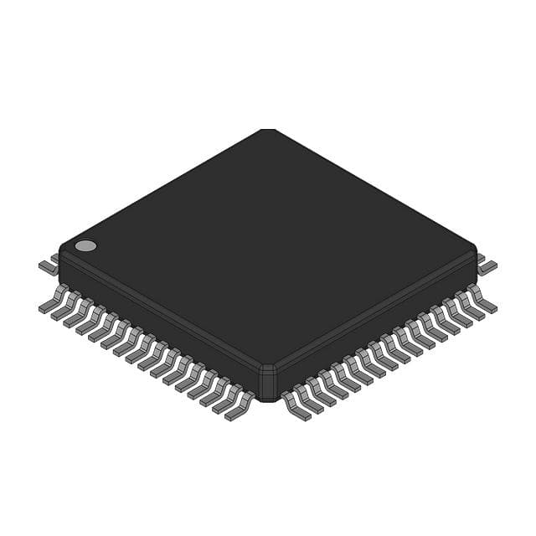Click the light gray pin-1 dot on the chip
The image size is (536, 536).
(85, 245)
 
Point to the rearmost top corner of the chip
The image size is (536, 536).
(267, 131)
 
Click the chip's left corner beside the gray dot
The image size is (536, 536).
(61, 251)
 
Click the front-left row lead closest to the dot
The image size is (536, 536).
(52, 301)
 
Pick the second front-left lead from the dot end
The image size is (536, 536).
(64, 307)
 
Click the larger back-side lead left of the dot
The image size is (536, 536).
(48, 267)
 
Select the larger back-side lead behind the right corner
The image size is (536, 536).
(487, 266)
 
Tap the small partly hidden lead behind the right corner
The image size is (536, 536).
(480, 257)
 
